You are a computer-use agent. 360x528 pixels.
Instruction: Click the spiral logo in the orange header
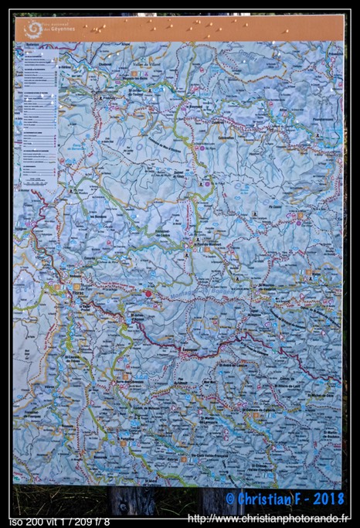33,29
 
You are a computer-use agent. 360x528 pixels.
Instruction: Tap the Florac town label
77,293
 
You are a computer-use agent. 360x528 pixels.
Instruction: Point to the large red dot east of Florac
148,293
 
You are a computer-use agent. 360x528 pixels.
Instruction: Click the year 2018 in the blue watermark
327,499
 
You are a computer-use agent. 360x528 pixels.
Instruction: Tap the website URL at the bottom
269,519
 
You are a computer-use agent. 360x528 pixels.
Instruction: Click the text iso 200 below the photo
27,522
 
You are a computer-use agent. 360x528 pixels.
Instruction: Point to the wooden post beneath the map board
132,500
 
